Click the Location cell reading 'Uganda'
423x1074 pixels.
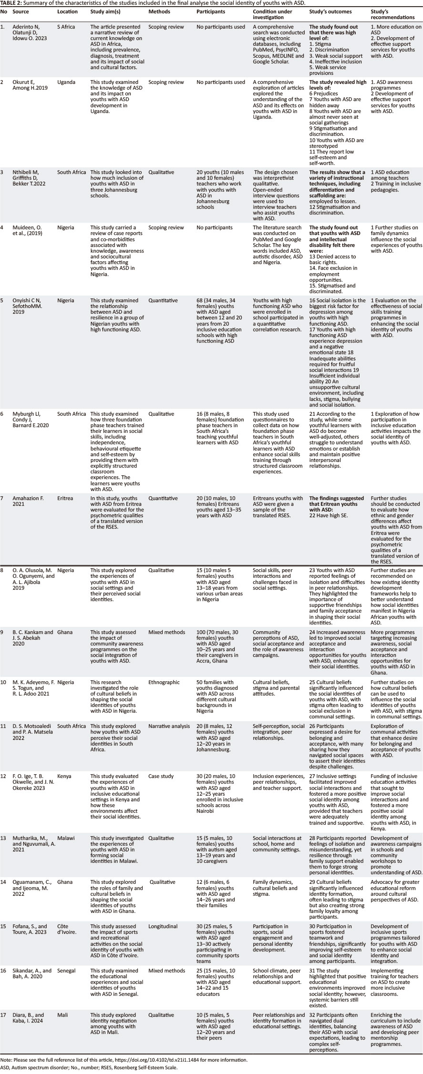pyautogui.click(x=67, y=82)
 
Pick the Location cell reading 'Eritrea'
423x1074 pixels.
pyautogui.click(x=67, y=498)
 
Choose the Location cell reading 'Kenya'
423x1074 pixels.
pyautogui.click(x=65, y=776)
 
